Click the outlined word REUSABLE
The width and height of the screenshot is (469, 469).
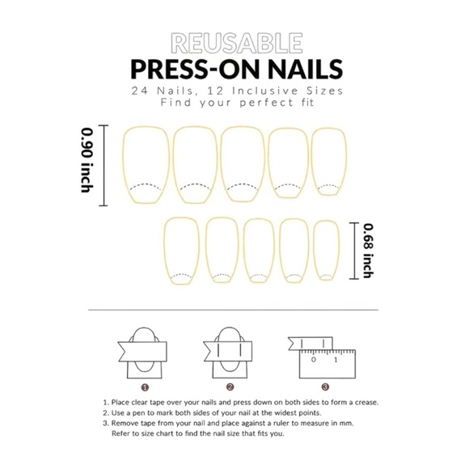pyautogui.click(x=237, y=43)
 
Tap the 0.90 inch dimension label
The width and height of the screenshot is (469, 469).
pyautogui.click(x=87, y=160)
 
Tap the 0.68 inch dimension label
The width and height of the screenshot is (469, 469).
pyautogui.click(x=368, y=251)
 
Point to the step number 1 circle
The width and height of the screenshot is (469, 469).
pyautogui.click(x=145, y=387)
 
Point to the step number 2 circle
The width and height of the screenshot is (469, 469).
pyautogui.click(x=230, y=387)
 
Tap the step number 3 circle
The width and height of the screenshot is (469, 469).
pyautogui.click(x=325, y=387)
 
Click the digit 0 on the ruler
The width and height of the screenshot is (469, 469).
pyautogui.click(x=313, y=360)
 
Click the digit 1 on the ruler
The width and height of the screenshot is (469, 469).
pyautogui.click(x=336, y=360)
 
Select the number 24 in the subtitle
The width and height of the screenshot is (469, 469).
pyautogui.click(x=140, y=91)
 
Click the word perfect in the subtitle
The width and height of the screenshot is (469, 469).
pyautogui.click(x=267, y=103)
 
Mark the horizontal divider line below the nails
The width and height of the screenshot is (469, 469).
pyautogui.click(x=234, y=310)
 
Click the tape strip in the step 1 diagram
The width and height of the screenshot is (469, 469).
pyautogui.click(x=142, y=352)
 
